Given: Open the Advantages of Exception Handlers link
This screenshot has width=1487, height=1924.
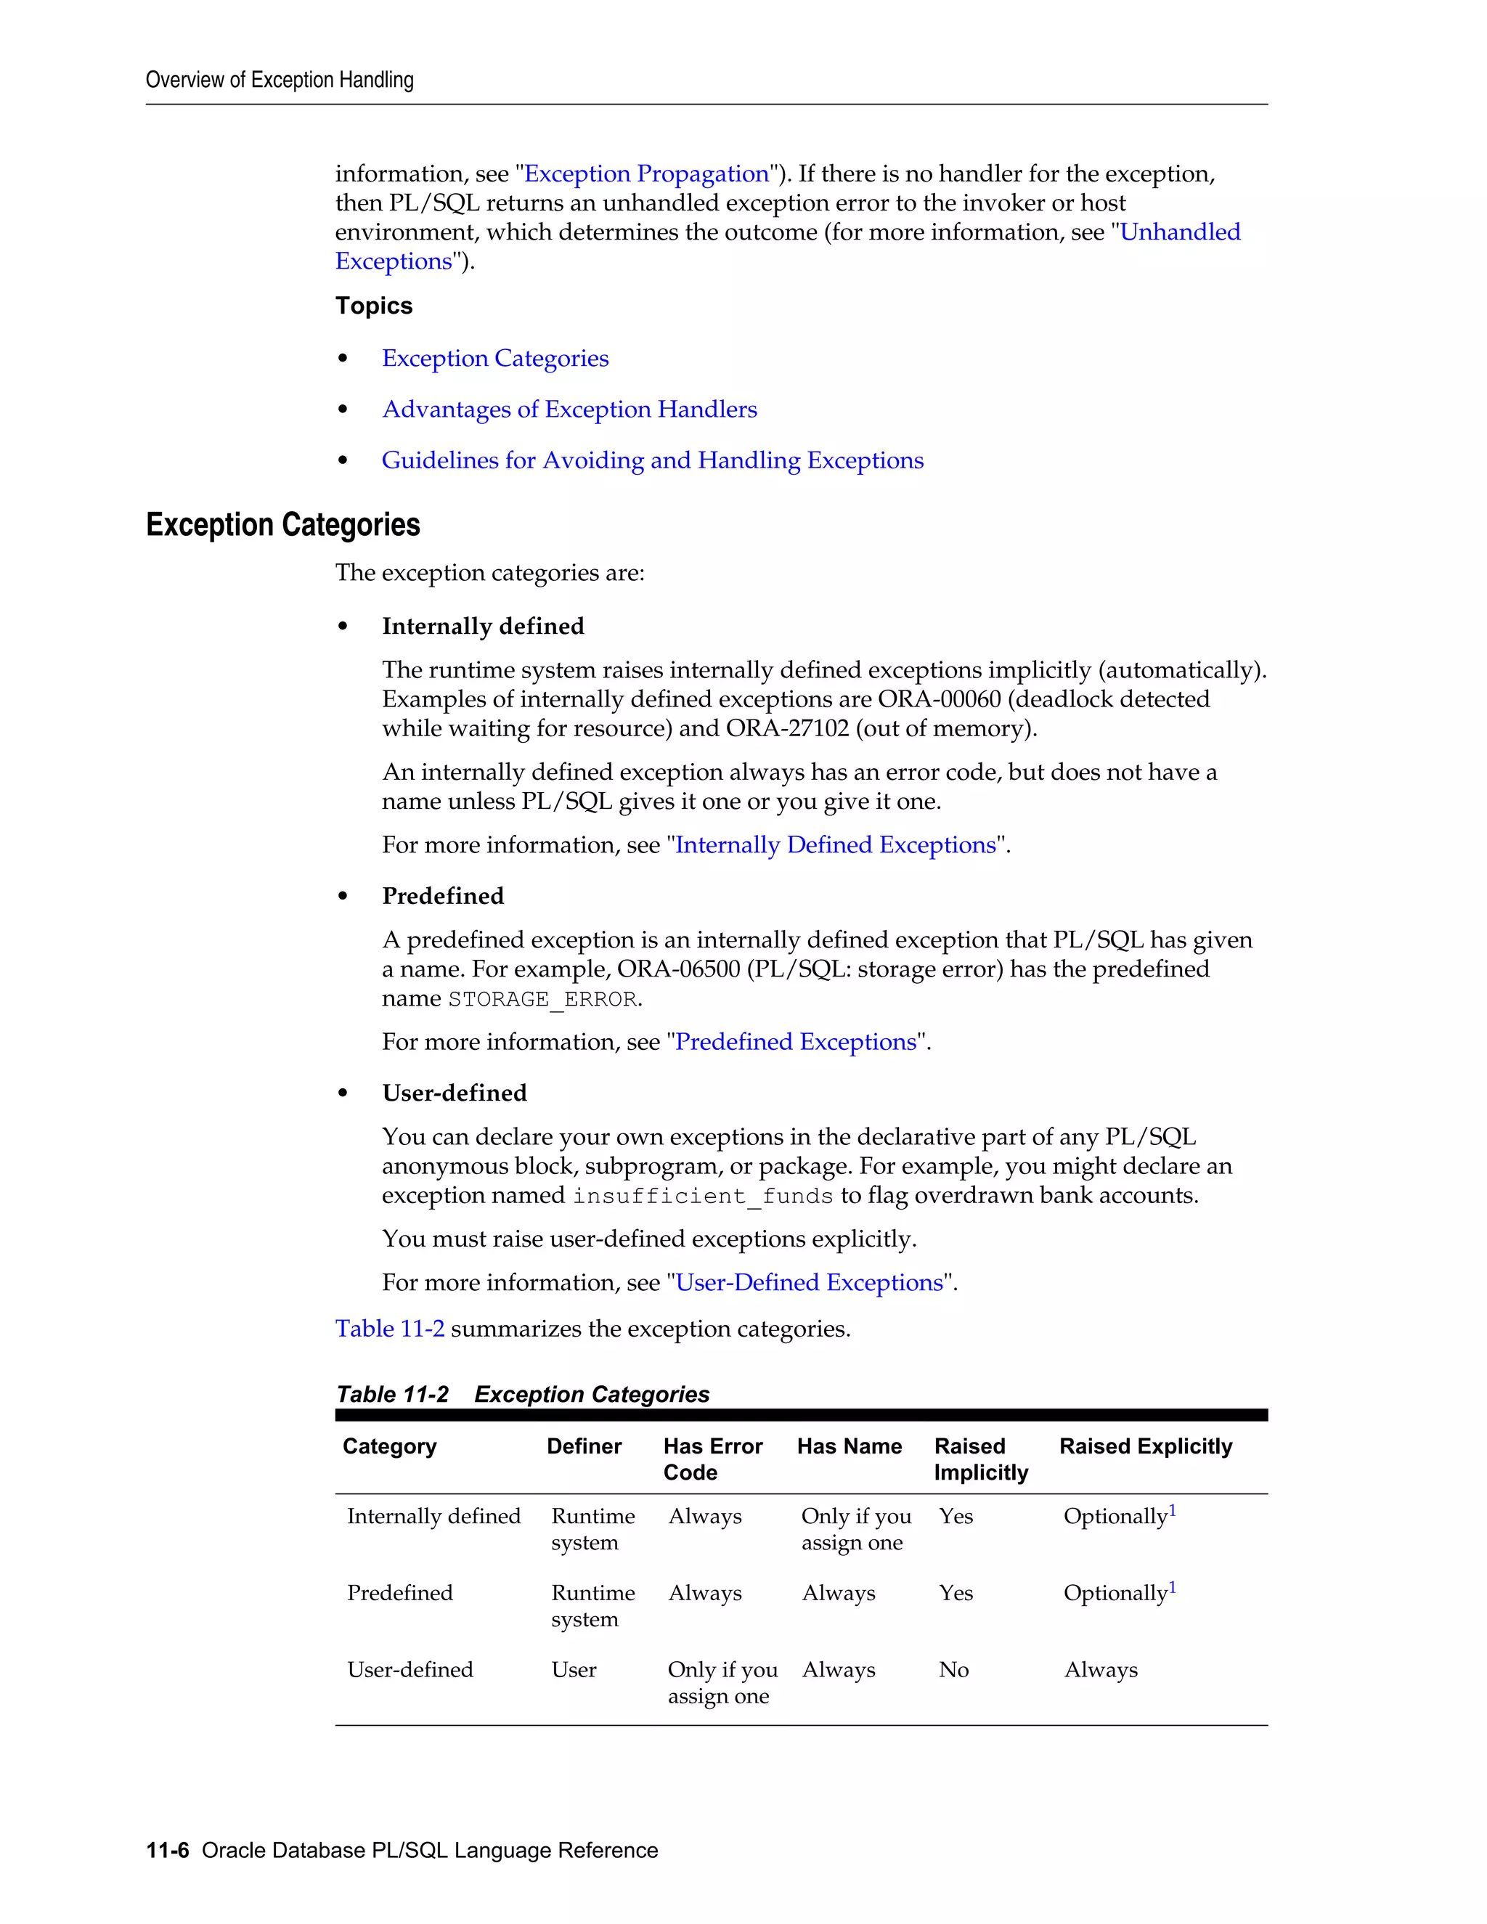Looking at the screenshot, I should tap(569, 409).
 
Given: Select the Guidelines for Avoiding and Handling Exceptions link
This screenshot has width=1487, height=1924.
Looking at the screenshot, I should tap(652, 461).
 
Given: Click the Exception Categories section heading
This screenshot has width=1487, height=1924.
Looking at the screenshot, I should tap(282, 525).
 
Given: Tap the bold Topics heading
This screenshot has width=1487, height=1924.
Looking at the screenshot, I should tap(373, 306).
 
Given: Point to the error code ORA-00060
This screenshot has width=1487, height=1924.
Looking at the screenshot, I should tap(939, 699).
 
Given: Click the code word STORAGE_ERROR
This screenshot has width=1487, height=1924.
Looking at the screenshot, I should tap(542, 1000).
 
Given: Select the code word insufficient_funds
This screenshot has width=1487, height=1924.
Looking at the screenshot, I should tap(702, 1197).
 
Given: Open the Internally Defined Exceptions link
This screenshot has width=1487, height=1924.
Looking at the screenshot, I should tap(835, 845).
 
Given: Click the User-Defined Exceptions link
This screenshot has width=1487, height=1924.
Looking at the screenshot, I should tap(809, 1283).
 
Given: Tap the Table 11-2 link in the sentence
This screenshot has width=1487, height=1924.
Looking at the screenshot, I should tap(389, 1329).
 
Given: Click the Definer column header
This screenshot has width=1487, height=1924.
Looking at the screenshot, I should tap(583, 1446).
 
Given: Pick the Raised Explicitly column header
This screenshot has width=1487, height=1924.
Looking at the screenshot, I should tap(1145, 1446).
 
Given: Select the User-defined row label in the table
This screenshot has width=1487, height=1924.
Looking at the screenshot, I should tap(410, 1671).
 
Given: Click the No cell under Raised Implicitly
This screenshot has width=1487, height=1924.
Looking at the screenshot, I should tap(953, 1671).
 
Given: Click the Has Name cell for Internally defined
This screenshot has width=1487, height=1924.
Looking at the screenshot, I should tap(855, 1529).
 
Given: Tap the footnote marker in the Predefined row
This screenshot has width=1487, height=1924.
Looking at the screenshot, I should tap(1173, 1589).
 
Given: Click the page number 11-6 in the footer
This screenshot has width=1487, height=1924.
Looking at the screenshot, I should tap(168, 1851).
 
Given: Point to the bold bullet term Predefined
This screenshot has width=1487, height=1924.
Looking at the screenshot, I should tap(443, 896).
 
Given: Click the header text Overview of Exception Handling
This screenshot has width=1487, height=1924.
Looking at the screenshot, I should tap(280, 80).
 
